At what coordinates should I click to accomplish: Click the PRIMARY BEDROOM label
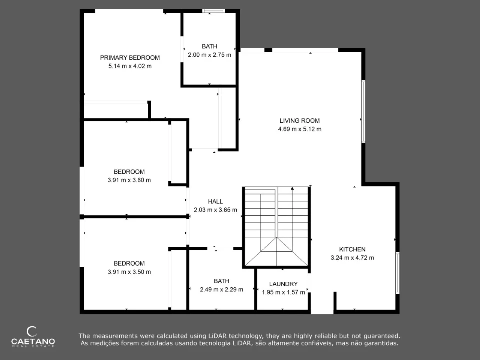coord(130,58)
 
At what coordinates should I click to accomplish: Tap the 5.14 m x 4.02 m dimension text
coord(130,66)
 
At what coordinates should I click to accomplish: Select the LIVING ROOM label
coord(300,121)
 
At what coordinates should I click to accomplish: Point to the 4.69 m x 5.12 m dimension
coord(300,129)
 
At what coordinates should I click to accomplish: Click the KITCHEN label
coord(352,249)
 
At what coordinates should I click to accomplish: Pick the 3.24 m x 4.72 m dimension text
coord(352,258)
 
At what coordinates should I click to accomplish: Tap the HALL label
coord(215,201)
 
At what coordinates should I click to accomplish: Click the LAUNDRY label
coord(283,284)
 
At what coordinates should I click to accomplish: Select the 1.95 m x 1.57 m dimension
coord(283,292)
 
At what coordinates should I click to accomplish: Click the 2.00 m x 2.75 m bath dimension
coord(209,55)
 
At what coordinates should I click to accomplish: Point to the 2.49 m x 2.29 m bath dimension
coord(221,289)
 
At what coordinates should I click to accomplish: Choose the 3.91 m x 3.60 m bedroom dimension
coord(129,180)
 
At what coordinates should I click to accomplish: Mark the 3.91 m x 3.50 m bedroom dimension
coord(129,272)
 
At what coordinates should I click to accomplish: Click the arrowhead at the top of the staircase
coord(292,188)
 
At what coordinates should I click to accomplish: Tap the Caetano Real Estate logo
coord(33,337)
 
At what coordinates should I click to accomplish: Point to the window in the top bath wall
coord(213,11)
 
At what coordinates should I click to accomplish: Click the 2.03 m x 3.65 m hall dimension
coord(215,210)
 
